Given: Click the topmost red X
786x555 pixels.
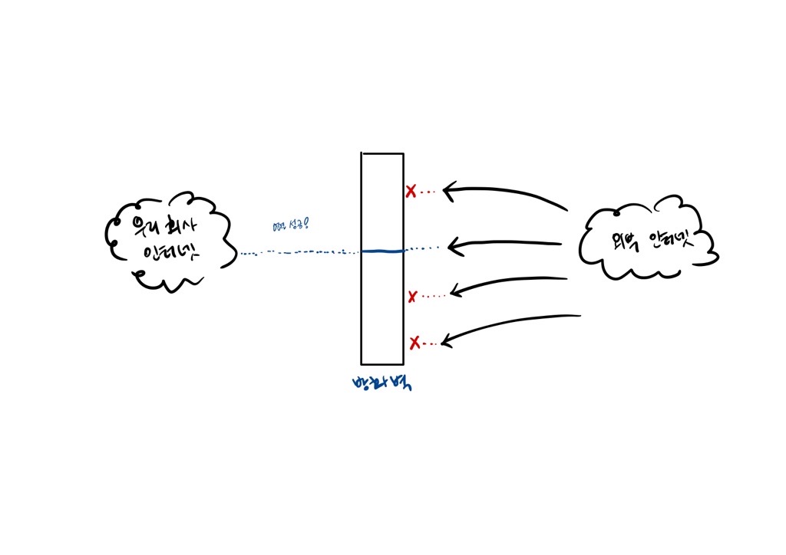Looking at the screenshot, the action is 411,191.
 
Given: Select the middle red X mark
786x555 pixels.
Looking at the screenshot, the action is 413,296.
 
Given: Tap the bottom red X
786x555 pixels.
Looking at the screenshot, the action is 414,342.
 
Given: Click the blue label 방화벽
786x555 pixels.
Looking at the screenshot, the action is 381,383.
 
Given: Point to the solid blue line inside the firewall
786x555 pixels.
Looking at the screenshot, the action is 382,251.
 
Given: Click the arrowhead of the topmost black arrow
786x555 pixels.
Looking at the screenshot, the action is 449,189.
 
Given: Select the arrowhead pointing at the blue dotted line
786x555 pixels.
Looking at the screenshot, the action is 453,245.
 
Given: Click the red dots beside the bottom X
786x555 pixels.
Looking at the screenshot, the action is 431,343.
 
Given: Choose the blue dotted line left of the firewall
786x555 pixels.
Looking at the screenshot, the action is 299,252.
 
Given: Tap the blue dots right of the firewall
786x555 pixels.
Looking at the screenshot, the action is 423,248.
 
